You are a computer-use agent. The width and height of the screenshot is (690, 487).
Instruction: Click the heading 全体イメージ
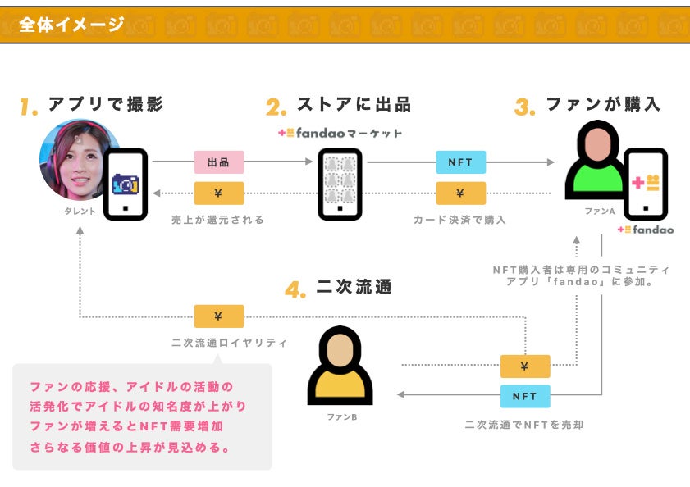click(71, 25)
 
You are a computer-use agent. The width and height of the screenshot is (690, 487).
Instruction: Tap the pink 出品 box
click(218, 162)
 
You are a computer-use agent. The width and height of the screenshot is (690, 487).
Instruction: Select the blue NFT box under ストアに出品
click(460, 162)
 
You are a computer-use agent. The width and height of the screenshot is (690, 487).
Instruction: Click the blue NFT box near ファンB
click(525, 396)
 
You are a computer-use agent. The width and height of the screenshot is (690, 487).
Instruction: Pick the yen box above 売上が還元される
click(218, 193)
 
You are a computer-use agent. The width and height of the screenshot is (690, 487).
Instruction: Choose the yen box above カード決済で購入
click(460, 193)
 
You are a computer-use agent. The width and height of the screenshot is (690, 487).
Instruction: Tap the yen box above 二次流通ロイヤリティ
click(218, 316)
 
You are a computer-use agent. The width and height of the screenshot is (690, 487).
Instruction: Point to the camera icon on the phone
click(125, 184)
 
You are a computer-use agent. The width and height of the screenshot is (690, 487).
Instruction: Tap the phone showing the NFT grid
click(340, 184)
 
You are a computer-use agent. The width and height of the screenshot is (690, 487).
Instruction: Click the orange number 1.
click(30, 107)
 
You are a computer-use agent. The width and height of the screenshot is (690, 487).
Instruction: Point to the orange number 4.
click(296, 289)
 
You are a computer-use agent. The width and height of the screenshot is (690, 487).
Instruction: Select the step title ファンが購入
click(603, 105)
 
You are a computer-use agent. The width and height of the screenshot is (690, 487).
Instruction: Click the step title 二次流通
click(354, 288)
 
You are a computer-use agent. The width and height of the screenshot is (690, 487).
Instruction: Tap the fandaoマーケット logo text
click(340, 133)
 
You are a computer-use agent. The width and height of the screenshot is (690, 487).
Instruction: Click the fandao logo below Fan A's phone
click(646, 230)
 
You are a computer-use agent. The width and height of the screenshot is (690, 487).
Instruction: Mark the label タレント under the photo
click(80, 212)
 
